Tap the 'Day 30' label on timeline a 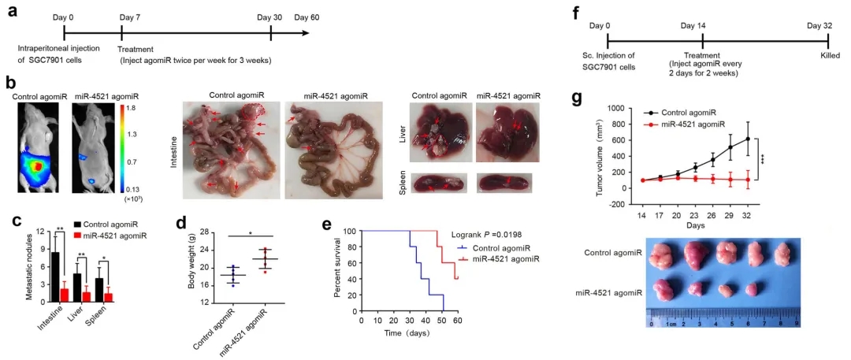click(x=269, y=16)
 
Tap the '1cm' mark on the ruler click(x=668, y=323)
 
